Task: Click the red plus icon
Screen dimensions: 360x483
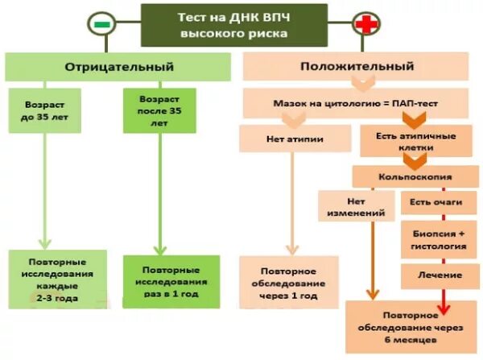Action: (367, 25)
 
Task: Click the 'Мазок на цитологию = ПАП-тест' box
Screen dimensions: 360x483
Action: (355, 104)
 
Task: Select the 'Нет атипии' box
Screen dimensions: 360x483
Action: (295, 139)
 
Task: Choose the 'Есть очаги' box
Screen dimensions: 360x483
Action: (432, 202)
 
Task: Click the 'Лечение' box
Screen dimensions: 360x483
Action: (432, 275)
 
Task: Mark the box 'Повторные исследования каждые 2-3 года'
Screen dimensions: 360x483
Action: (57, 280)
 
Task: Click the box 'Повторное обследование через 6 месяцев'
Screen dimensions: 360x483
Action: (409, 325)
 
